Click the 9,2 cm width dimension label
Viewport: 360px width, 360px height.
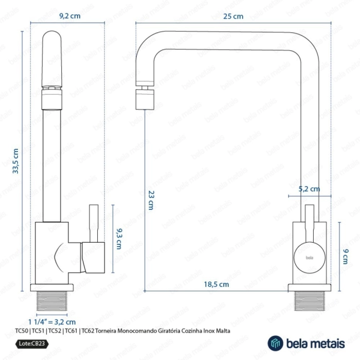pyautogui.click(x=70, y=16)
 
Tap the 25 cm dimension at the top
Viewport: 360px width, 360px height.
pyautogui.click(x=233, y=16)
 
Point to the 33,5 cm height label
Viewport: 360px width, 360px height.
pyautogui.click(x=15, y=161)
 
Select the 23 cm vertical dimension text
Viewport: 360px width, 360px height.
pyautogui.click(x=151, y=200)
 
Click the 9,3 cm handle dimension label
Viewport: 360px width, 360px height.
pyautogui.click(x=119, y=239)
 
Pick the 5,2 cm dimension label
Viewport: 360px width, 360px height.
pyautogui.click(x=309, y=189)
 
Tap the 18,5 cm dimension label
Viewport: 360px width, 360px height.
pyautogui.click(x=217, y=284)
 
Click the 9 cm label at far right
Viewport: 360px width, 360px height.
pyautogui.click(x=345, y=256)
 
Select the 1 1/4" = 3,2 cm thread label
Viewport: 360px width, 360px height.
pyautogui.click(x=52, y=322)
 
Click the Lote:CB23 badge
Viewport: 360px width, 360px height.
pyautogui.click(x=32, y=344)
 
